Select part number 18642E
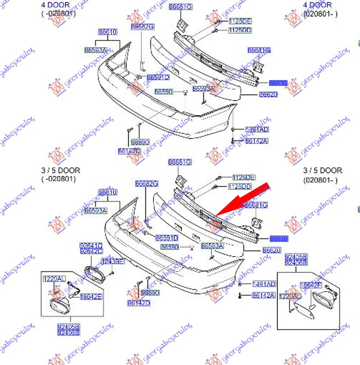pyautogui.click(x=90, y=297)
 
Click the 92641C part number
pyautogui.click(x=90, y=245)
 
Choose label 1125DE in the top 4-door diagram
pyautogui.click(x=240, y=21)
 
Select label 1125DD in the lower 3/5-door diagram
pyautogui.click(x=240, y=186)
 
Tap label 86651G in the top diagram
pyautogui.click(x=180, y=7)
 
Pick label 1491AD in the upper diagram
pyautogui.click(x=257, y=130)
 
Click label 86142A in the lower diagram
pyautogui.click(x=263, y=295)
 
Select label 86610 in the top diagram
pyautogui.click(x=108, y=32)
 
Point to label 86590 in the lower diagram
pyautogui.click(x=170, y=247)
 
